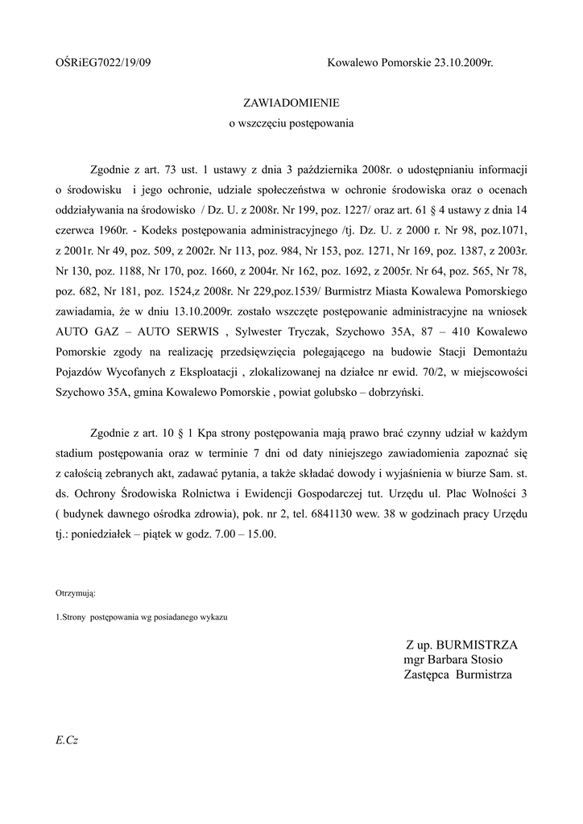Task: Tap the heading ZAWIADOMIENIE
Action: [x=291, y=103]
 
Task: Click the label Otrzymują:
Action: [x=76, y=593]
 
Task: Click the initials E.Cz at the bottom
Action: [x=67, y=740]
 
